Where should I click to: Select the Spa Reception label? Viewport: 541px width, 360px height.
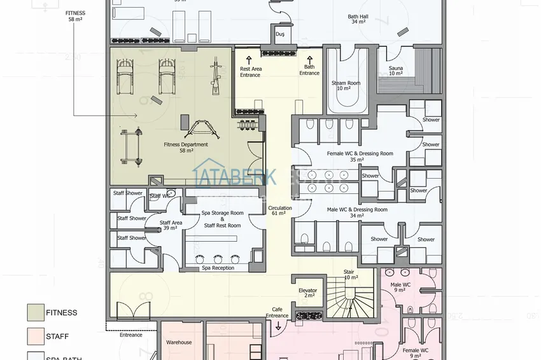[x=218, y=268]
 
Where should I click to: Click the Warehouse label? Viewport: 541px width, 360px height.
[x=179, y=342]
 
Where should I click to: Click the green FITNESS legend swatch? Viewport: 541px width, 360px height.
[x=35, y=312]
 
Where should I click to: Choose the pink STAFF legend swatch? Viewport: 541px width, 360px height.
[x=35, y=336]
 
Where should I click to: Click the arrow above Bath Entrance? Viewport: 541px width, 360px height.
[x=309, y=58]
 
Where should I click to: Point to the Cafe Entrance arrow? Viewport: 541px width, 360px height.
[x=278, y=325]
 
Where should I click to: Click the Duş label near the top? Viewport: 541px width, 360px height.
[x=279, y=34]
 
